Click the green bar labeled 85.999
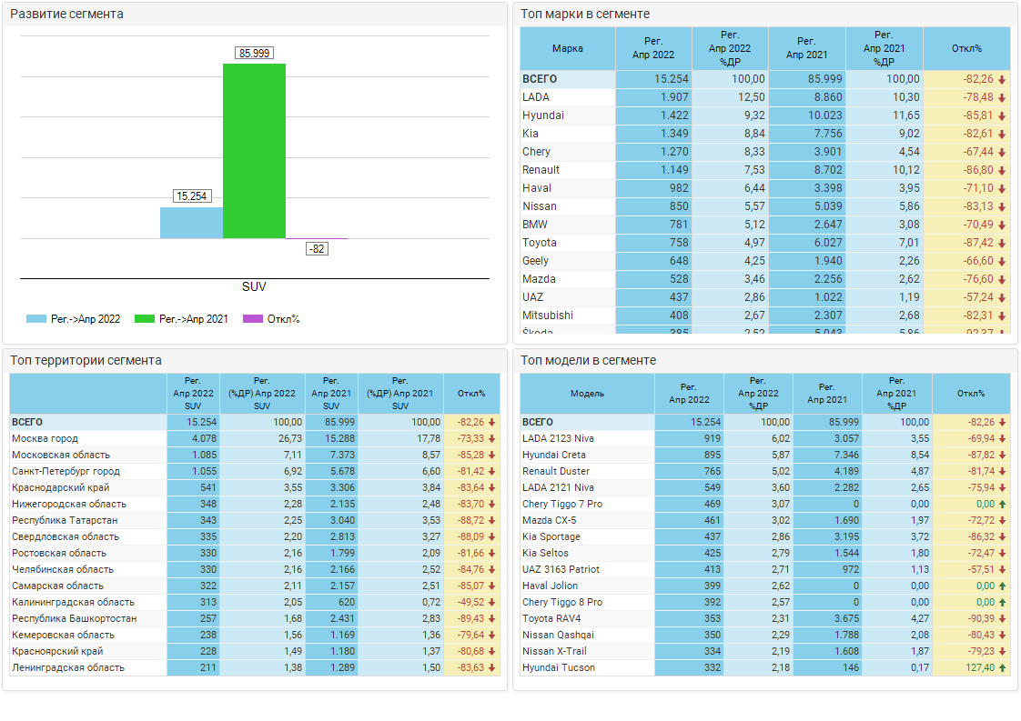pyautogui.click(x=254, y=150)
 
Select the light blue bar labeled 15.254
pyautogui.click(x=191, y=223)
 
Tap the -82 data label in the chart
pyautogui.click(x=317, y=248)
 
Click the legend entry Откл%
pyautogui.click(x=283, y=319)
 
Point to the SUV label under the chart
pyautogui.click(x=254, y=286)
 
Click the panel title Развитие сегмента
pyautogui.click(x=66, y=15)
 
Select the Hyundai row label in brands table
pyautogui.click(x=543, y=115)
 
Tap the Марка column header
pyautogui.click(x=568, y=48)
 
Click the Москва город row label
pyautogui.click(x=45, y=438)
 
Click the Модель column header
pyautogui.click(x=587, y=394)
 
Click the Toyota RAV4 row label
pyautogui.click(x=551, y=618)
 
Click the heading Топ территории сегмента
pyautogui.click(x=86, y=360)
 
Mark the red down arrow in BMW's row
pyautogui.click(x=1002, y=225)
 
